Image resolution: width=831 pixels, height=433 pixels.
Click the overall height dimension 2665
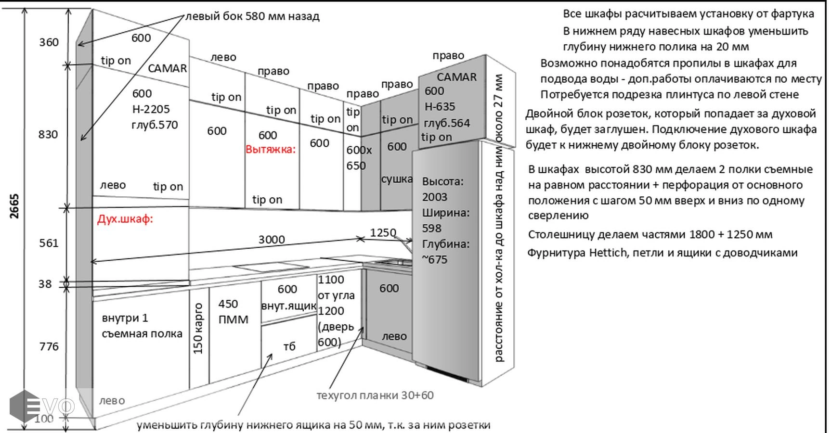pos(14,206)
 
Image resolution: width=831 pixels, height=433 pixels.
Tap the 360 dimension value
pos(49,42)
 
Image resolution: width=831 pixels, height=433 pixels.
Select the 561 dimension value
pos(49,243)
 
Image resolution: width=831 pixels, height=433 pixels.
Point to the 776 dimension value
pos(49,346)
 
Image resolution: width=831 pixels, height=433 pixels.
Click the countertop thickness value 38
pos(45,284)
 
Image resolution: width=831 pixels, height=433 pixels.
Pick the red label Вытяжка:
pos(271,150)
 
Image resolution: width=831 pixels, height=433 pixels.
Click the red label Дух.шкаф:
pos(125,219)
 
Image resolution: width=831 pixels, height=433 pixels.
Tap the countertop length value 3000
pos(272,240)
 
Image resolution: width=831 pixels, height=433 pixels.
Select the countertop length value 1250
pos(383,233)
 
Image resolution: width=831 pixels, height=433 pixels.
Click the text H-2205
pos(151,109)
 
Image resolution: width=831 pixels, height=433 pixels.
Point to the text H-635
pos(440,107)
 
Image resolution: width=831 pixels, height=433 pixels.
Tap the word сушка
pos(397,179)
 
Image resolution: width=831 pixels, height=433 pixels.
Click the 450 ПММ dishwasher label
pos(233,312)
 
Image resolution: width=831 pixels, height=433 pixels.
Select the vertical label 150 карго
pos(198,329)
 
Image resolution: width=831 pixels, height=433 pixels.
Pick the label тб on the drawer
pos(289,346)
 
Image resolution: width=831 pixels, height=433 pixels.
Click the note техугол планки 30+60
pos(375,395)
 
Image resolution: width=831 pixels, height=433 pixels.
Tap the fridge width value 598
pos(431,228)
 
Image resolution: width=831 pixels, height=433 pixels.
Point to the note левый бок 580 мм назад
pos(252,16)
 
